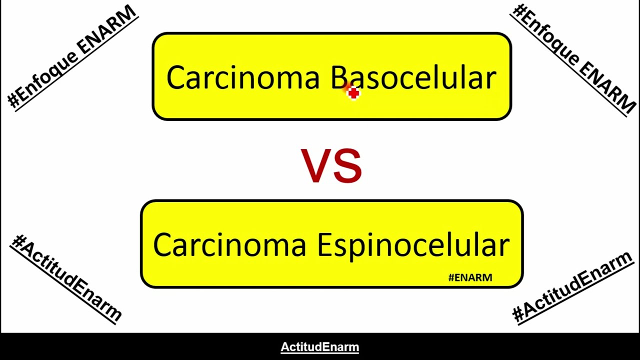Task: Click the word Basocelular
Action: (413, 78)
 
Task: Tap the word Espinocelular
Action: (413, 245)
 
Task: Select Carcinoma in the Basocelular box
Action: (242, 78)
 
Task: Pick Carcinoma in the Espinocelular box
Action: (229, 245)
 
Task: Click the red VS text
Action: (331, 166)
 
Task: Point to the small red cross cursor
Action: (353, 93)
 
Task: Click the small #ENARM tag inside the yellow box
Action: (470, 277)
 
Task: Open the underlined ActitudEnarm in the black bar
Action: (320, 347)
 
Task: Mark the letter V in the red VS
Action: (315, 166)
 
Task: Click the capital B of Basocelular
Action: (339, 78)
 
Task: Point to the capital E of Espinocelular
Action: (325, 245)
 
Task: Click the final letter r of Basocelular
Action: (491, 80)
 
